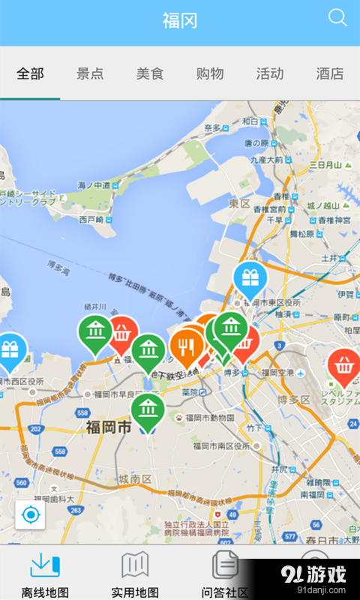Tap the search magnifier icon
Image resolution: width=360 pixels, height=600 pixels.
tap(337, 18)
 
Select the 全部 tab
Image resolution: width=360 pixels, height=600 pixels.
tap(30, 73)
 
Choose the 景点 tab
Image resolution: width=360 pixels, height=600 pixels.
tap(90, 73)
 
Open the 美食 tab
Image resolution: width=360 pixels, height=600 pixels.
tap(150, 73)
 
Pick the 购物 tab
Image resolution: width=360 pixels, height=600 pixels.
tap(210, 73)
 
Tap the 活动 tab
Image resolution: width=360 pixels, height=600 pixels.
tap(270, 73)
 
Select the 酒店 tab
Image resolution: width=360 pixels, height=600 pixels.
tap(330, 73)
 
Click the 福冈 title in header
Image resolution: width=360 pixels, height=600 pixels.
tap(180, 20)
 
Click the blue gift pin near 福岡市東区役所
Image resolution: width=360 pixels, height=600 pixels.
tap(250, 279)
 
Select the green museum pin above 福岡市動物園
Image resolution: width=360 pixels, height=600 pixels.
tap(148, 409)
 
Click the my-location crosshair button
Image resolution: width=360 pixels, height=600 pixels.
tap(31, 515)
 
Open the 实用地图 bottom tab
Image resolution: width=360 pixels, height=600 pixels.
tap(135, 574)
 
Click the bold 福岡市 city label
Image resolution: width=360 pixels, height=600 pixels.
tap(108, 427)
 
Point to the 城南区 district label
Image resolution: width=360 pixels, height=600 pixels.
tap(134, 479)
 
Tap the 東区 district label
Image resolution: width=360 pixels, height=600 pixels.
tap(240, 203)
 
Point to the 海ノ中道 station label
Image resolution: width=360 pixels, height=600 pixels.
tap(94, 184)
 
